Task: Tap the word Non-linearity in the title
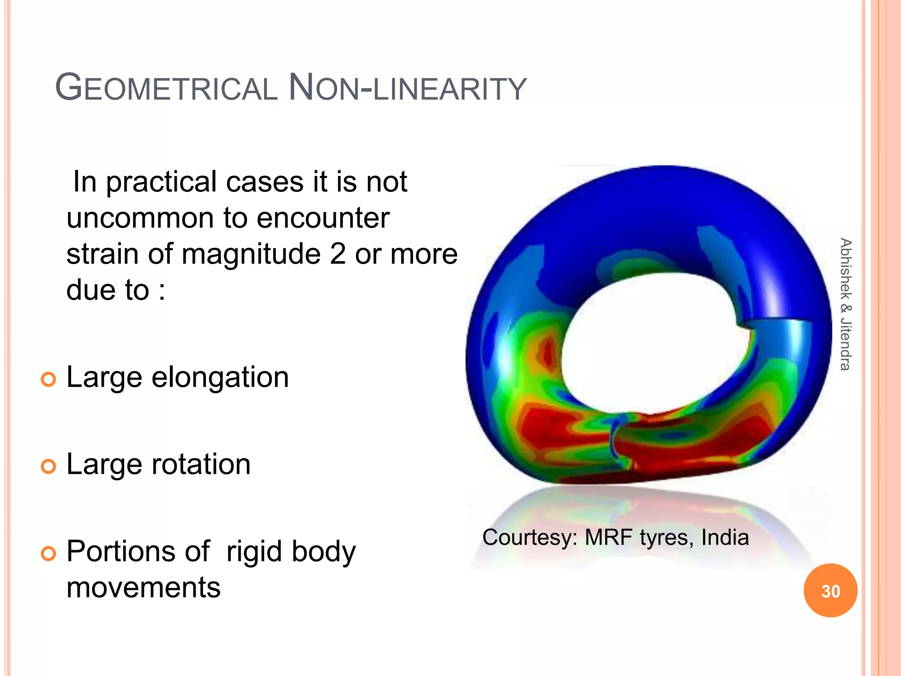[407, 88]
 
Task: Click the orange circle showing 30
[830, 591]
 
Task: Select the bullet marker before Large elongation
[48, 379]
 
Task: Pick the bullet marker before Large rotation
[48, 466]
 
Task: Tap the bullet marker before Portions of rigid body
[48, 553]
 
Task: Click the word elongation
[220, 378]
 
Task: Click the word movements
[143, 588]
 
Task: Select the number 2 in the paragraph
[337, 254]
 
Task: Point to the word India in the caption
[725, 537]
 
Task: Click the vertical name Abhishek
[845, 268]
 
